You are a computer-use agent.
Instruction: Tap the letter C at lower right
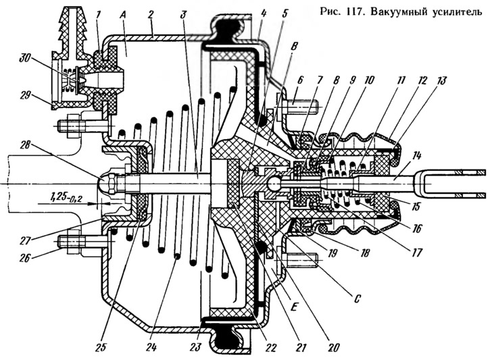[356, 299]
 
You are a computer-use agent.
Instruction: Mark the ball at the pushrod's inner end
[274, 184]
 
